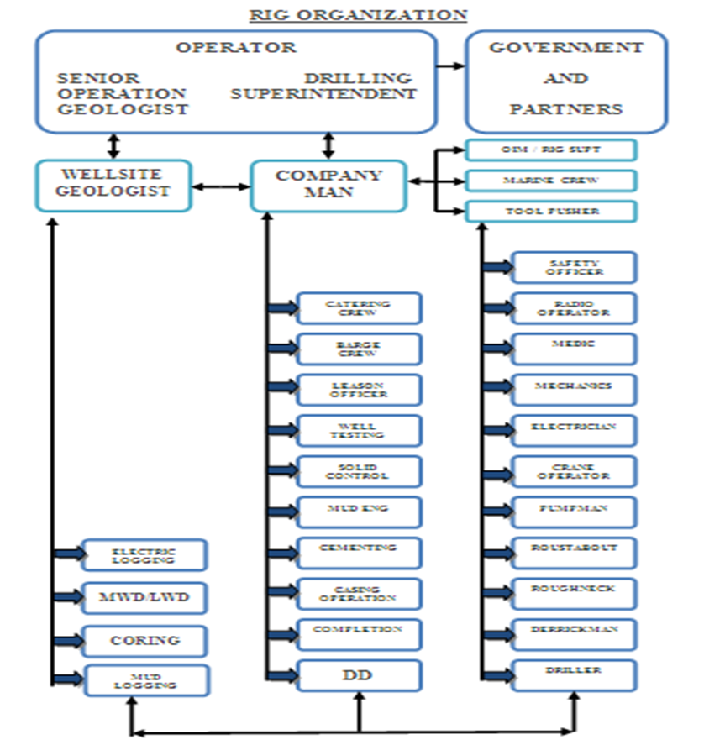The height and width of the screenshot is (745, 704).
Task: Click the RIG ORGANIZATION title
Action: tap(357, 15)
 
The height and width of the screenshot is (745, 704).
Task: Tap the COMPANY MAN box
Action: tap(328, 186)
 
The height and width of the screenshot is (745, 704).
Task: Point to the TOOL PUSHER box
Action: tap(551, 212)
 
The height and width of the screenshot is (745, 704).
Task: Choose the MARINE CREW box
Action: tap(551, 181)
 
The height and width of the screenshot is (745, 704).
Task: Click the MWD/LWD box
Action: tap(144, 599)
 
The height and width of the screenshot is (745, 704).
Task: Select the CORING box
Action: tap(144, 640)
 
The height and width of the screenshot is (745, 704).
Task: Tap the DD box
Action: tap(359, 676)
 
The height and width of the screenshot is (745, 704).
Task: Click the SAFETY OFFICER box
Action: tap(574, 268)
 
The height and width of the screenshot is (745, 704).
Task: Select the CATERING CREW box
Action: tap(359, 308)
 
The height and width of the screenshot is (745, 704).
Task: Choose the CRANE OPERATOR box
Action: tap(574, 471)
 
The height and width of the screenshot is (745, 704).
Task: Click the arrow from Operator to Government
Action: tap(451, 66)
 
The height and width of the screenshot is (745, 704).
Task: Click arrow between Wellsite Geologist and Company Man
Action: tap(222, 186)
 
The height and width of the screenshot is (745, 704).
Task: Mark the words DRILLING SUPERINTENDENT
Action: tap(323, 86)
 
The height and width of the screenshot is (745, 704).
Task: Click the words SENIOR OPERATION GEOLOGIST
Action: tap(122, 93)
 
